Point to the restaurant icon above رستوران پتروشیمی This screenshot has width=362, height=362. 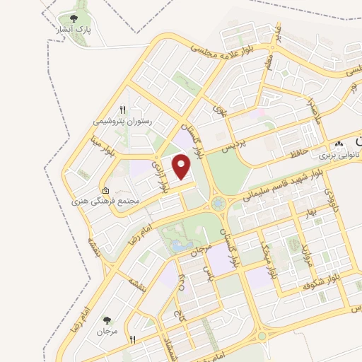coord(122,110)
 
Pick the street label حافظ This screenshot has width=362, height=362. coord(296,153)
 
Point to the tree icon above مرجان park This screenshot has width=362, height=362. coord(107,320)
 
